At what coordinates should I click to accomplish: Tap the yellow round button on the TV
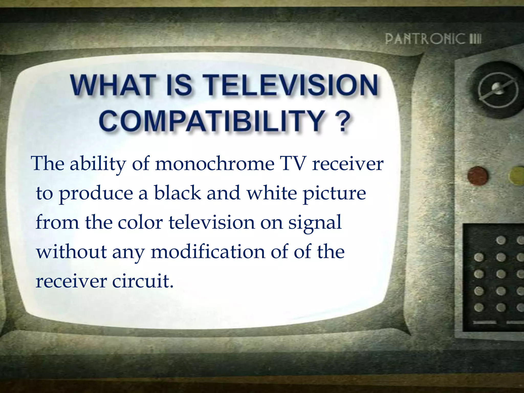pos(517,176)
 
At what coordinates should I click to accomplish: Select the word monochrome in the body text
pos(215,163)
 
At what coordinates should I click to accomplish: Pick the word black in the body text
pos(178,193)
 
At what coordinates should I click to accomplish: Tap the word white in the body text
pos(271,193)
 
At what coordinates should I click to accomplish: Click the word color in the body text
pos(140,222)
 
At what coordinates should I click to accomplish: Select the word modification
pos(208,252)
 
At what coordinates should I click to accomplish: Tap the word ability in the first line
pos(98,164)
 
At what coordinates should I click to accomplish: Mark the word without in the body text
pos(71,252)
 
